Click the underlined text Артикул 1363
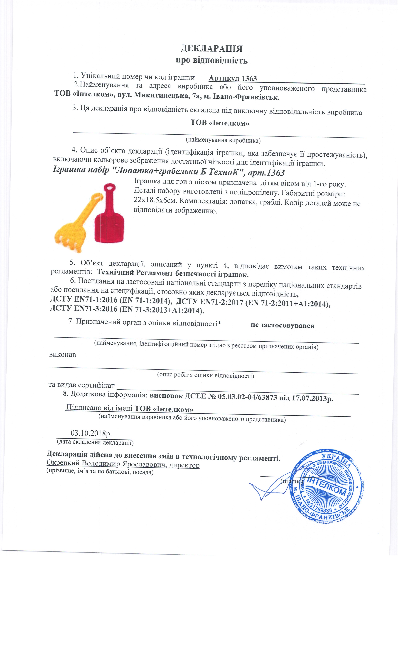tap(233, 78)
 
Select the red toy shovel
tap(109, 218)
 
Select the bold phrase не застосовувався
tap(282, 325)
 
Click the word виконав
tap(63, 355)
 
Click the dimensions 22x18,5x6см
tap(155, 200)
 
